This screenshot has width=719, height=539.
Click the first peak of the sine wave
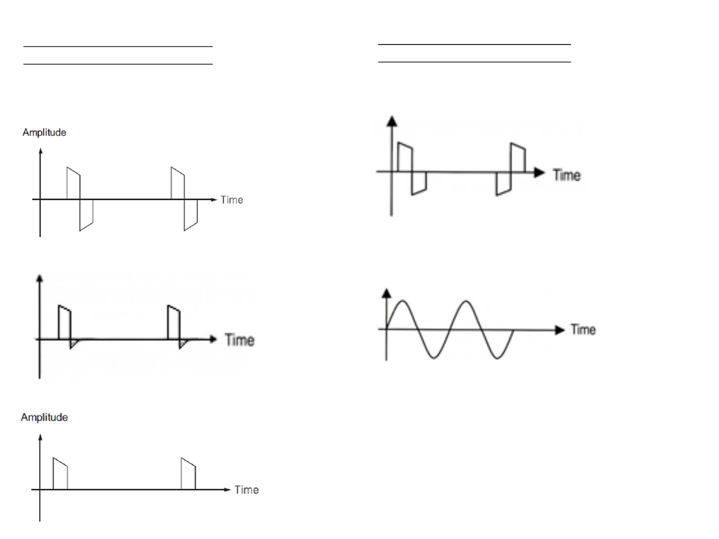coord(402,301)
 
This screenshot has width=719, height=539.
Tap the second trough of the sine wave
coord(497,358)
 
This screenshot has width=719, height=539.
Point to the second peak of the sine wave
coord(466,301)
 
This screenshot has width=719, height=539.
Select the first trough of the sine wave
coord(434,358)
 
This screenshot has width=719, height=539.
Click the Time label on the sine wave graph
coord(583,329)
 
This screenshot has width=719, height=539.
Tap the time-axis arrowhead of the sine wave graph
coord(560,330)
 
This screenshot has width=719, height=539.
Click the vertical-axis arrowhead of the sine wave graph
coord(387,293)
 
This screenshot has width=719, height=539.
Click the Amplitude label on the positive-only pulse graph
coord(44,417)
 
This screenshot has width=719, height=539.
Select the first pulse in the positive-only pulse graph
coord(60,474)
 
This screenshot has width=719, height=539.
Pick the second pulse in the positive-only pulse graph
coord(188,474)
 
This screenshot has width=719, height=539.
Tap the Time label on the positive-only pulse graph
coord(247,490)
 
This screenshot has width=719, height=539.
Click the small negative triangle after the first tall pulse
coord(74,344)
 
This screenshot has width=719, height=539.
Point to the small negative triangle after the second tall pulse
coord(183,344)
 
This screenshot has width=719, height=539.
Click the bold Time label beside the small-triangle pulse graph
coord(240,340)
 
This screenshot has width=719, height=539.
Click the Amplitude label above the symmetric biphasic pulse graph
coord(44,133)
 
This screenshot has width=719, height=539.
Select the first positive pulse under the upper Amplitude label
coord(73,183)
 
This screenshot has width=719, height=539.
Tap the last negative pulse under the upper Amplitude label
coord(191,215)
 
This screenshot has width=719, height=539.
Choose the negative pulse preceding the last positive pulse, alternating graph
coord(503,183)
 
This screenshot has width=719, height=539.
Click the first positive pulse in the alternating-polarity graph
coord(405,157)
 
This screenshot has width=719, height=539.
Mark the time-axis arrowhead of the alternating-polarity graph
coord(539,172)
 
